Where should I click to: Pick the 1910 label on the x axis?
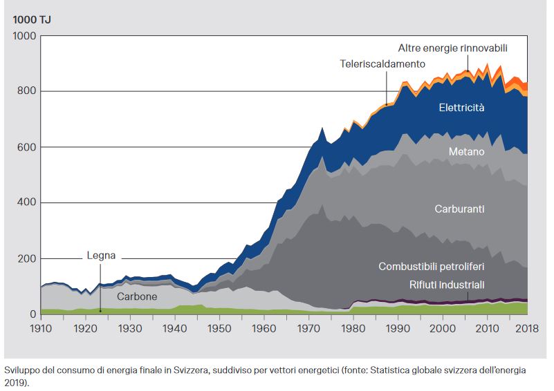[x=41, y=328]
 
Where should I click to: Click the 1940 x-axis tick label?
[x=174, y=328]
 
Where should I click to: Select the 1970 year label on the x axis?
[x=308, y=328]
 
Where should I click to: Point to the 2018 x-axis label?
[x=528, y=328]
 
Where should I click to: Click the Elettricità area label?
[x=461, y=108]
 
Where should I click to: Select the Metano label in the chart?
[x=466, y=151]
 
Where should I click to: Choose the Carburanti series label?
[x=459, y=208]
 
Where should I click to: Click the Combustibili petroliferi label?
[x=431, y=266]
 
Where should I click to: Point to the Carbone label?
[x=137, y=296]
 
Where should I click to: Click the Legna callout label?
[x=101, y=256]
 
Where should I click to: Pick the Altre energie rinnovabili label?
[x=452, y=48]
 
